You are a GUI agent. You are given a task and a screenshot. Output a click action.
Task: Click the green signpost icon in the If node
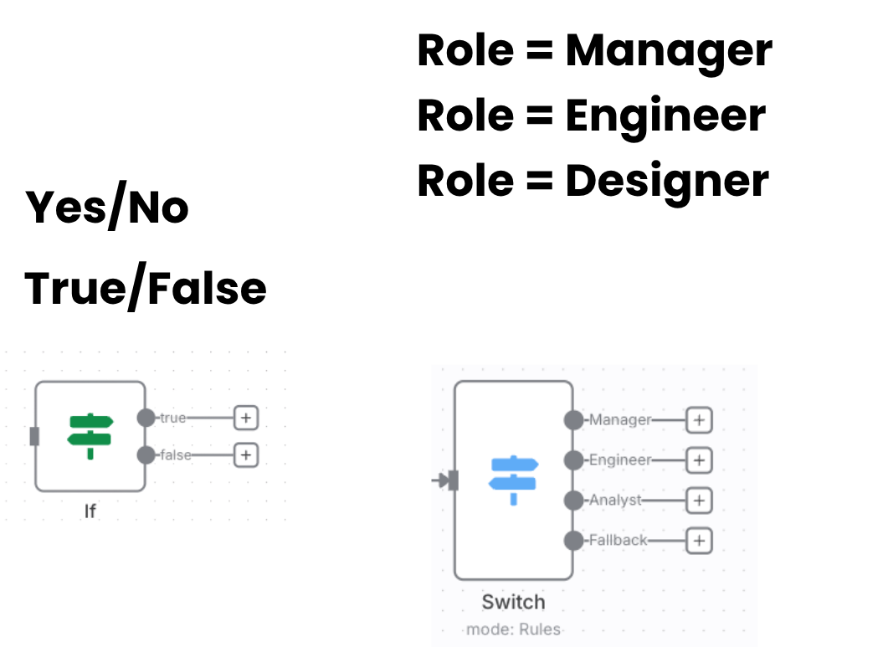(x=90, y=435)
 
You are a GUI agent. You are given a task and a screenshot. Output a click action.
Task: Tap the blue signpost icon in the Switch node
(x=513, y=480)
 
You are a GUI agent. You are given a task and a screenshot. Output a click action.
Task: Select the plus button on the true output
(x=245, y=417)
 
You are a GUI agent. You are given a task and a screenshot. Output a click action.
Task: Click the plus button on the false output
(x=245, y=455)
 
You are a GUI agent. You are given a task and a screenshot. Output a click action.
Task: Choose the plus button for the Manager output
(x=698, y=420)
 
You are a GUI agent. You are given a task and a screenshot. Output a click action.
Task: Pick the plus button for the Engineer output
(x=698, y=460)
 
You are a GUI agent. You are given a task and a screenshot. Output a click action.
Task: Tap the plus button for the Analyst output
(x=698, y=501)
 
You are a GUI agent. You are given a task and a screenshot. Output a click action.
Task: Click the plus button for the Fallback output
(x=698, y=541)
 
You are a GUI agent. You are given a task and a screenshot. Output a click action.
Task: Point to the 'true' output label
(x=173, y=417)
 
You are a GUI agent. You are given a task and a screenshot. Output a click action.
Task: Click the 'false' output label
(x=176, y=455)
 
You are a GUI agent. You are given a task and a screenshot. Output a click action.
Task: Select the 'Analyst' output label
(x=616, y=501)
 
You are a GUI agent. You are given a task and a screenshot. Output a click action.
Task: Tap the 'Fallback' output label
(x=619, y=541)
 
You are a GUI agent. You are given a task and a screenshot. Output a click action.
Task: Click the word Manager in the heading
(x=668, y=51)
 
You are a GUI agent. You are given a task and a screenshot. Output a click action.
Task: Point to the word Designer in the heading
(x=666, y=181)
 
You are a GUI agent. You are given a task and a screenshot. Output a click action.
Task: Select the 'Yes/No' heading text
(x=108, y=208)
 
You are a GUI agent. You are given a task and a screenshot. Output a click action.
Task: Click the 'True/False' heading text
(x=146, y=288)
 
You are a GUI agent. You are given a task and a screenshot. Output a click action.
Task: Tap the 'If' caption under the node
(x=90, y=510)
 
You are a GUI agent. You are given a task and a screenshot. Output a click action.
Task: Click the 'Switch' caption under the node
(x=513, y=602)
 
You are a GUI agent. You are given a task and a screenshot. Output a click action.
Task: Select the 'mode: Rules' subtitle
(x=513, y=629)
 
